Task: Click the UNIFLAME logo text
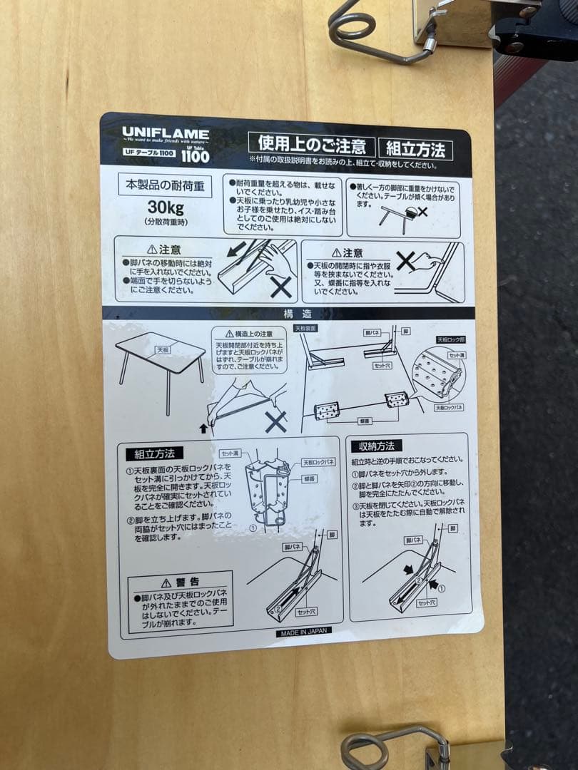point(165,133)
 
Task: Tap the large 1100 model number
point(195,155)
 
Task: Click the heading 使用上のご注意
point(311,146)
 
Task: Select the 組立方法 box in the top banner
point(415,149)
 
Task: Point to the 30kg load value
point(166,208)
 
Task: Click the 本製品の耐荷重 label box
point(165,185)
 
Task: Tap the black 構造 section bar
point(289,314)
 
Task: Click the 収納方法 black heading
point(376,446)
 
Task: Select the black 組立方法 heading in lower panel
point(154,453)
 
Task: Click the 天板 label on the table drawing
point(163,350)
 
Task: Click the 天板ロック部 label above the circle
point(450,340)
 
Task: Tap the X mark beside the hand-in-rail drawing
point(280,287)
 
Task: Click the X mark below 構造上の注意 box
point(275,422)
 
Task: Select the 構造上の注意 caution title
point(249,333)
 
